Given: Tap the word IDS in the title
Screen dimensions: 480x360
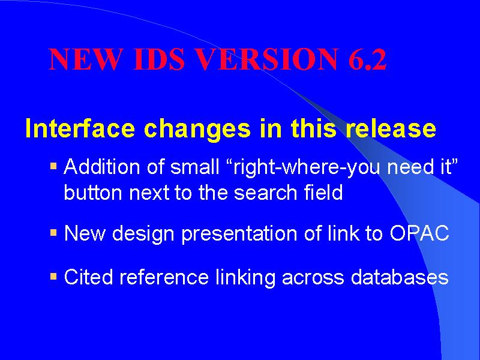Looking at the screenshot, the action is (159, 59).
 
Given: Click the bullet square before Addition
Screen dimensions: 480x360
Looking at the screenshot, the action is (53, 167).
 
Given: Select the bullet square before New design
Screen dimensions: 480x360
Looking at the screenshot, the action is (53, 233).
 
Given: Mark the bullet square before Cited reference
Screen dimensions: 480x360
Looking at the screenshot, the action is (53, 277).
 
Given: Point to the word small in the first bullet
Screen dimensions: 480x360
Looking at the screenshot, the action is (194, 167).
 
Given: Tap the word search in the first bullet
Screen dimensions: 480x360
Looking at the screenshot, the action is (266, 193).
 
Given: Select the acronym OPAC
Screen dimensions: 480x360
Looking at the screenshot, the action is (419, 233).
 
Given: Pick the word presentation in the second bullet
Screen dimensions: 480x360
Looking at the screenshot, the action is (239, 235).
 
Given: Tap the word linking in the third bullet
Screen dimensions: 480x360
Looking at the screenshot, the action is (245, 278).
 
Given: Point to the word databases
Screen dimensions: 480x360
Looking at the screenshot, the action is (400, 277).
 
